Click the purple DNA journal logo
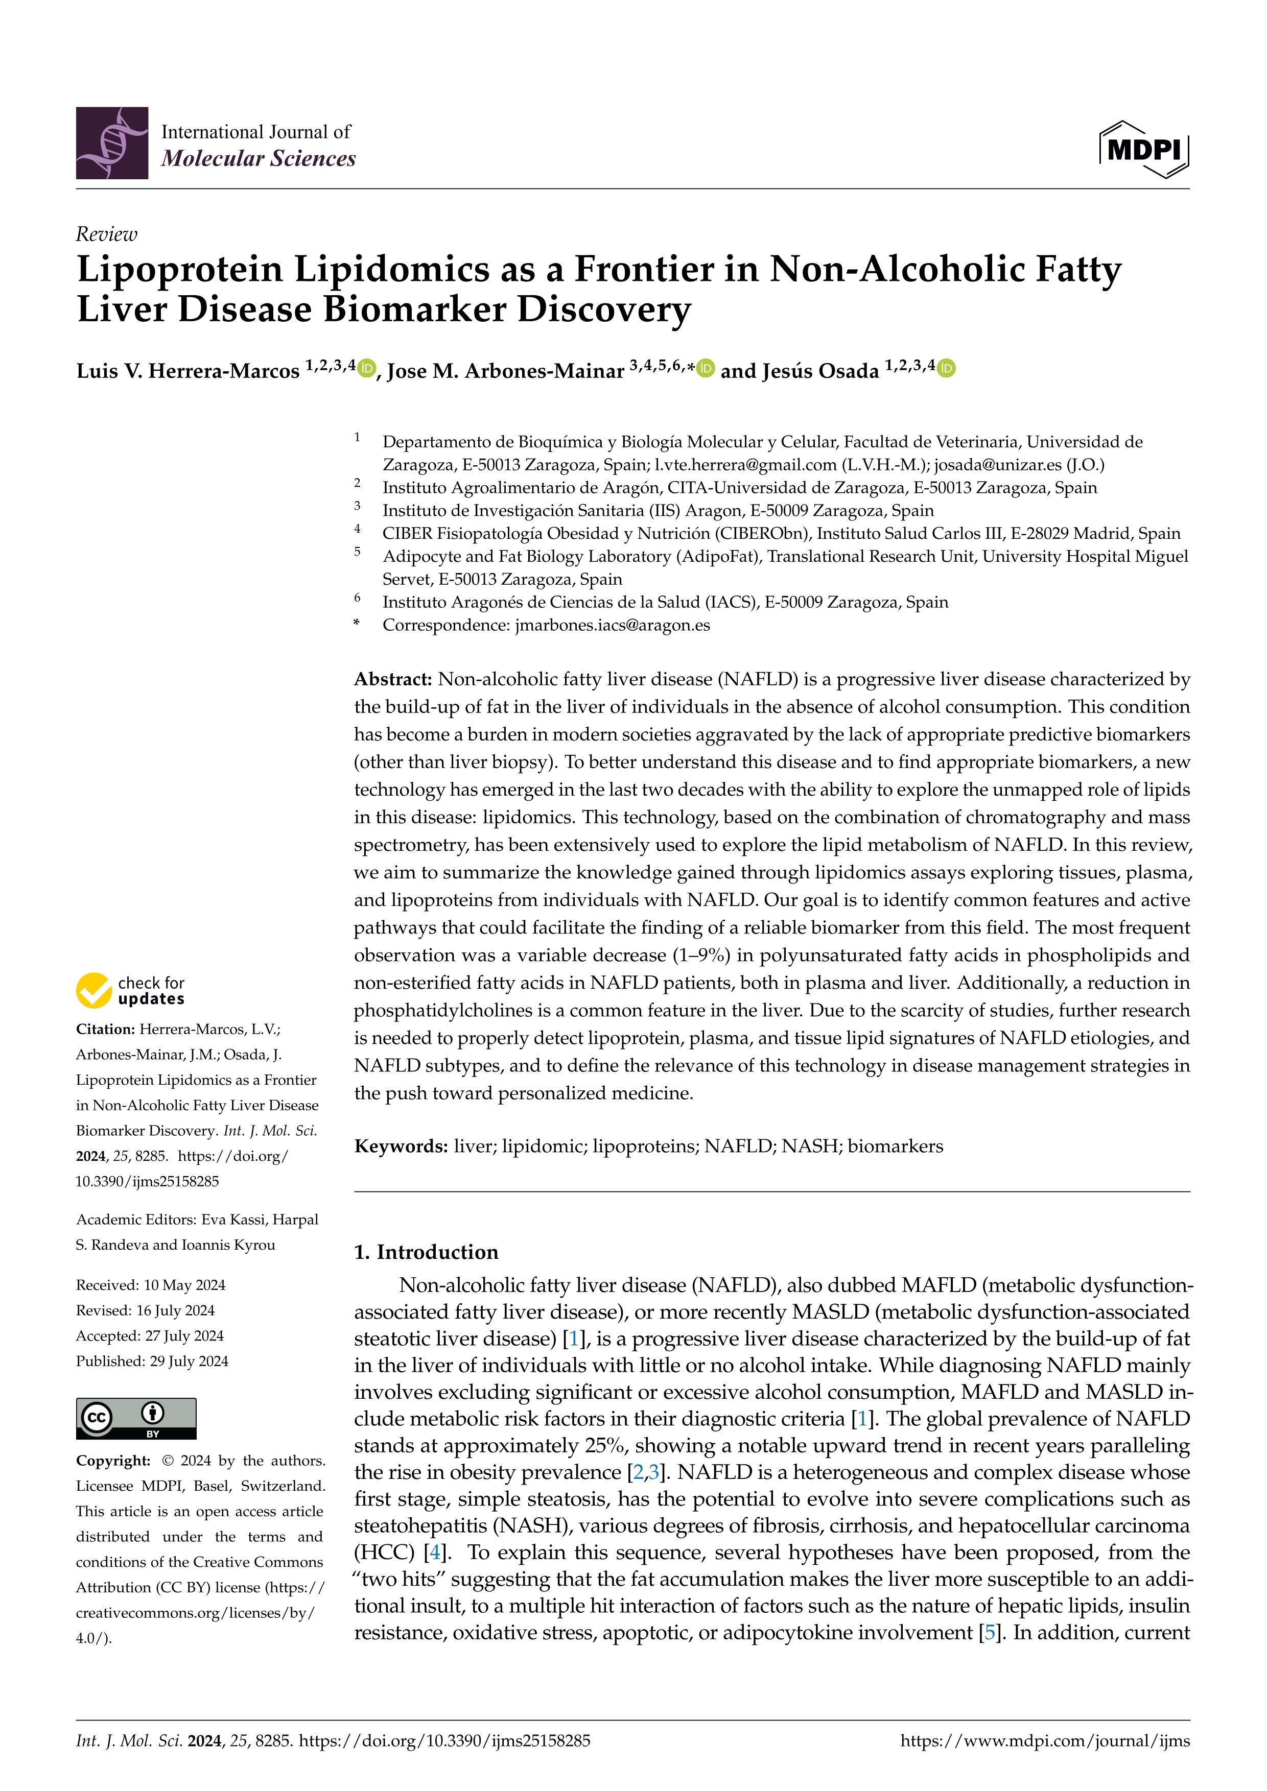(111, 144)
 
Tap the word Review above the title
(106, 234)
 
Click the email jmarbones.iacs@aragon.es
(613, 625)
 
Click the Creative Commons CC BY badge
(136, 1418)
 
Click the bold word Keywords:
(400, 1146)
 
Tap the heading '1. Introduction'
(426, 1252)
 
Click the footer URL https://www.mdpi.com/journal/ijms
(1045, 1740)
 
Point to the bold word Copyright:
(112, 1460)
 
